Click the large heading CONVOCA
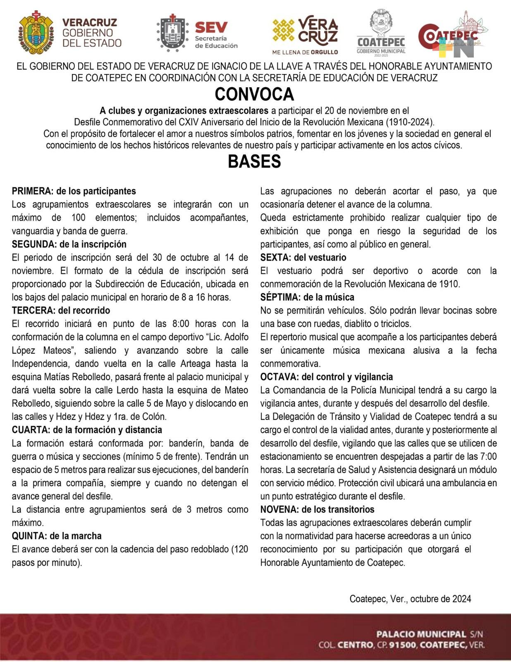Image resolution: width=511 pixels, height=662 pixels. pyautogui.click(x=254, y=94)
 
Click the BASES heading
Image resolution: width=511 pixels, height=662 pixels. pyautogui.click(x=254, y=161)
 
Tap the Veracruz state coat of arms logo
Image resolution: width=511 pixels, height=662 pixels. pyautogui.click(x=36, y=32)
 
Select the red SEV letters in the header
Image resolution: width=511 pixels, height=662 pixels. pyautogui.click(x=211, y=27)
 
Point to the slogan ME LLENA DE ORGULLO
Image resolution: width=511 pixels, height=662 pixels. pyautogui.click(x=305, y=52)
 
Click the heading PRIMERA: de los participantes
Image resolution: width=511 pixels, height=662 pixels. pyautogui.click(x=74, y=191)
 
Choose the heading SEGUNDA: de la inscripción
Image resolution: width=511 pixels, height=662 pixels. pyautogui.click(x=69, y=244)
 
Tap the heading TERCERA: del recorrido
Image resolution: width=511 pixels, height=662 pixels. pyautogui.click(x=61, y=310)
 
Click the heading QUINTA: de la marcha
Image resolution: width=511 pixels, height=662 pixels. pyautogui.click(x=57, y=536)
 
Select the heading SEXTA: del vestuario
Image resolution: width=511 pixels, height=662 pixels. pyautogui.click(x=303, y=257)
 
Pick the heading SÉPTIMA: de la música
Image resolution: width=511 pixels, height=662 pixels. pyautogui.click(x=307, y=297)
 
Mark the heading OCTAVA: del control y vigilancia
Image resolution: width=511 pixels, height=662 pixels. pyautogui.click(x=326, y=377)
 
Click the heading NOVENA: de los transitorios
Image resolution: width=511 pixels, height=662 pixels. pyautogui.click(x=317, y=509)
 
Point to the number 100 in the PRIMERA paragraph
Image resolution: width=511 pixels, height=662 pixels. pyautogui.click(x=78, y=218)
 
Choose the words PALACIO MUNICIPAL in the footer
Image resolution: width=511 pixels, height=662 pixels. pyautogui.click(x=421, y=634)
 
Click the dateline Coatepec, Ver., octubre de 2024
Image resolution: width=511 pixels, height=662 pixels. pyautogui.click(x=410, y=599)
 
